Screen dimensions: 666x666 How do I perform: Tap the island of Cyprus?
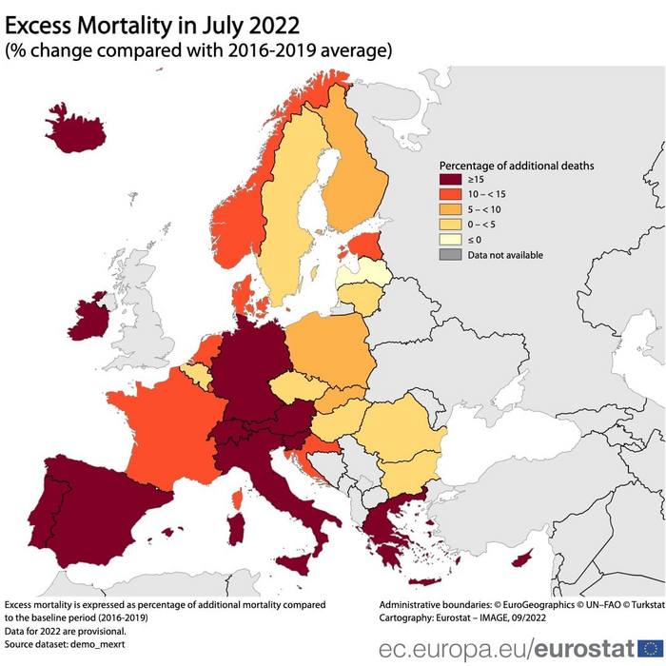point(522,558)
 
